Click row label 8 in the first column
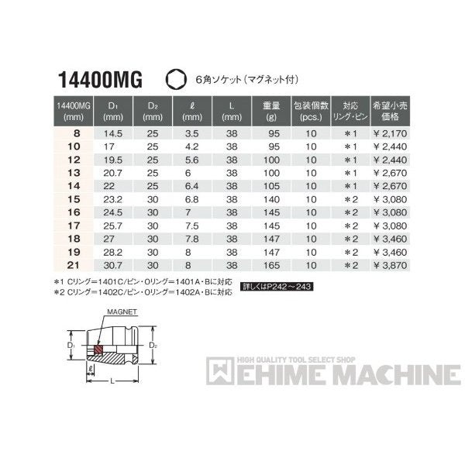click(x=76, y=133)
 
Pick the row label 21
click(x=76, y=266)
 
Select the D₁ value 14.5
click(x=113, y=133)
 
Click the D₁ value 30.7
click(x=113, y=266)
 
